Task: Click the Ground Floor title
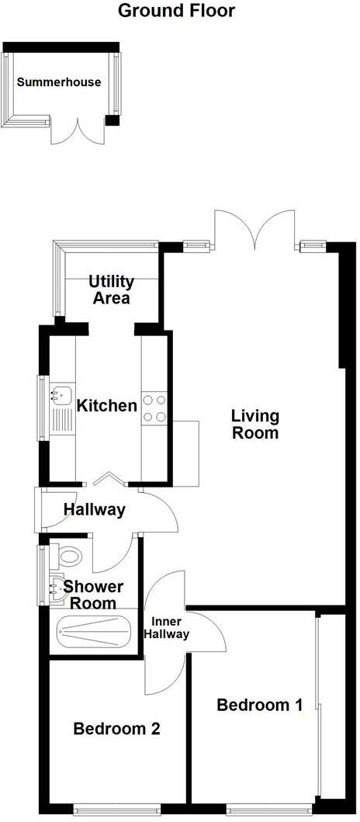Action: coord(176,11)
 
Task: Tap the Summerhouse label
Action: coord(60,82)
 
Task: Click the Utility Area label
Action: coord(111,290)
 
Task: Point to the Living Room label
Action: coord(254,425)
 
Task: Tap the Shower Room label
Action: coord(90,595)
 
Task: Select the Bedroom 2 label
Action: coord(116,729)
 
